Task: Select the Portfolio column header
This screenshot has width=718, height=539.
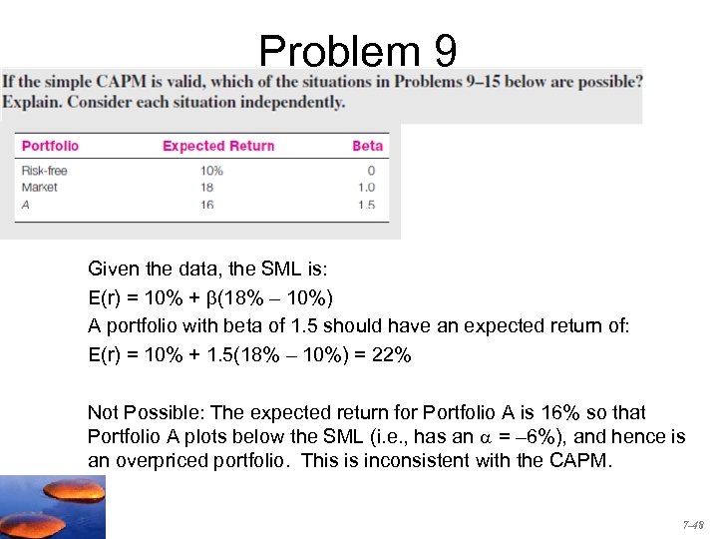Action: (x=50, y=146)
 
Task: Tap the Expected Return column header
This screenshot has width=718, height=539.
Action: (x=217, y=146)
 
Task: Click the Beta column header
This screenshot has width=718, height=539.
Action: (x=367, y=146)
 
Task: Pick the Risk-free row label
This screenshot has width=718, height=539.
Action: (x=45, y=171)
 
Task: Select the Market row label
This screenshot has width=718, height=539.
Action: (x=40, y=187)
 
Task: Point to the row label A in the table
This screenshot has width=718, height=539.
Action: (x=25, y=204)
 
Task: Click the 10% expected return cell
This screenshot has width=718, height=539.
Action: (x=211, y=171)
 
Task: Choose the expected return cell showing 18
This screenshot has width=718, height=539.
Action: (x=208, y=187)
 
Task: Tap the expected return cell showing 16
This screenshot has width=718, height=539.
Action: (x=208, y=204)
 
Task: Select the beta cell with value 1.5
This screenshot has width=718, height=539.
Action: (x=366, y=204)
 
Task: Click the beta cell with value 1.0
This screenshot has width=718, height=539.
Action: (x=366, y=187)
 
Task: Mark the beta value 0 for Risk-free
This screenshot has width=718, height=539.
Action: (x=371, y=171)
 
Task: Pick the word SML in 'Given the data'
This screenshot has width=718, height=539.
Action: (x=283, y=268)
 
